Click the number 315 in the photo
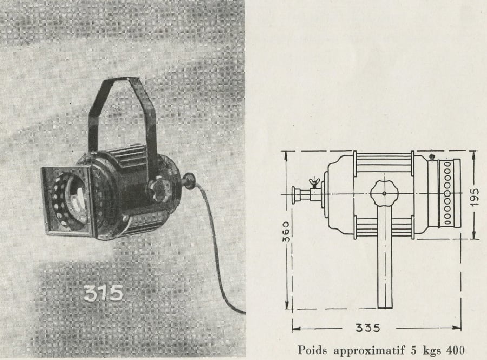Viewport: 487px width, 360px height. [x=103, y=293]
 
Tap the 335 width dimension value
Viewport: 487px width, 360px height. [x=368, y=328]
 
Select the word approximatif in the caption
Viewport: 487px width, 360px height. [x=369, y=351]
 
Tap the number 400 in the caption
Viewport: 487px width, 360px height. [x=455, y=350]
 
